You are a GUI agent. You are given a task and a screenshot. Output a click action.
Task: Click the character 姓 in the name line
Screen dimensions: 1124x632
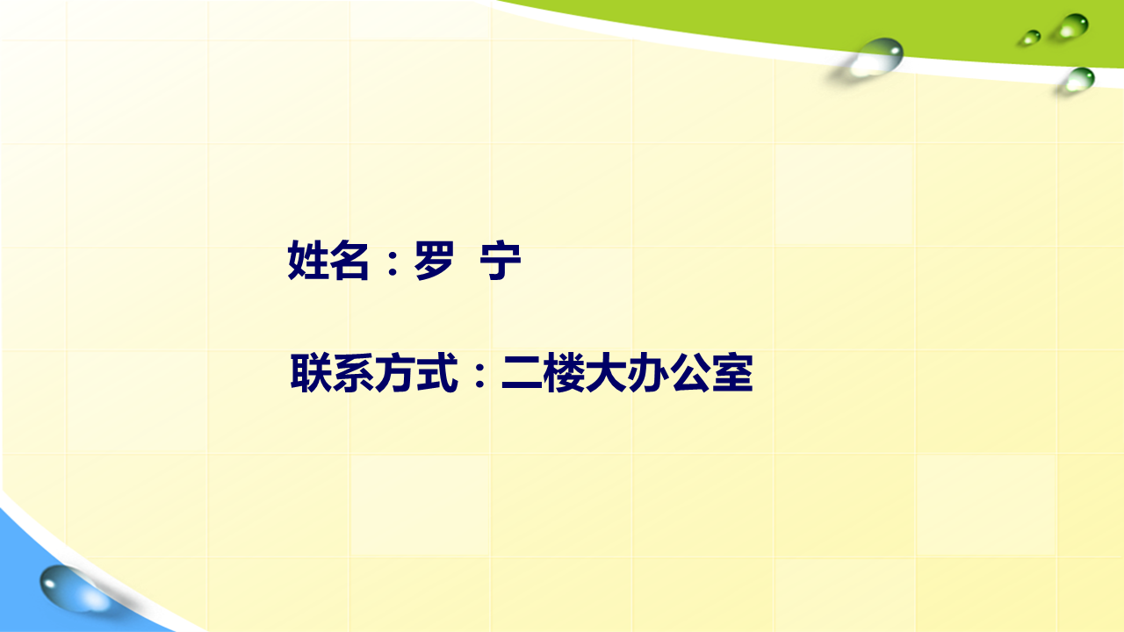tap(307, 260)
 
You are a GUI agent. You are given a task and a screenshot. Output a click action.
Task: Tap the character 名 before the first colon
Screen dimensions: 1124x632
tap(349, 260)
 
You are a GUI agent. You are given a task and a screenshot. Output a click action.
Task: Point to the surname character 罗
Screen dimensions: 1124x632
tap(434, 260)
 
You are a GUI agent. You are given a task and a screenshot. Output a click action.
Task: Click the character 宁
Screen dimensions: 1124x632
tap(501, 261)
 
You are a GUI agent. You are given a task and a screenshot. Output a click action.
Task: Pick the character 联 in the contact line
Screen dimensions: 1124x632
tap(311, 373)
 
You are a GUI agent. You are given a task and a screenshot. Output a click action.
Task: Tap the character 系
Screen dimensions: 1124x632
tap(353, 373)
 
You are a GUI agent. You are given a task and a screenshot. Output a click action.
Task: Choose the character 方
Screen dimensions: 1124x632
tap(395, 373)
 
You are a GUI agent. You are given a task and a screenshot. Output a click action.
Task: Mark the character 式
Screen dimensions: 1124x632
tap(437, 373)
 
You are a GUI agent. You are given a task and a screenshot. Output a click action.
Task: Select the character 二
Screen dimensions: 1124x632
tap(522, 374)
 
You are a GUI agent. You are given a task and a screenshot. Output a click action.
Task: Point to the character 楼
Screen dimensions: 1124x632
tap(564, 373)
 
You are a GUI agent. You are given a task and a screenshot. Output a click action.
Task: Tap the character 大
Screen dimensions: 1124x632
tap(606, 373)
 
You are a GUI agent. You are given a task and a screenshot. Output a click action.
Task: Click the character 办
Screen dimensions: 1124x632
tap(648, 373)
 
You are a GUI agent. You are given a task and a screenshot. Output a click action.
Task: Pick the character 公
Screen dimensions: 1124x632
tap(690, 373)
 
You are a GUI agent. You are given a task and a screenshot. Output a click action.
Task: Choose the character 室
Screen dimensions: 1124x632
tap(732, 373)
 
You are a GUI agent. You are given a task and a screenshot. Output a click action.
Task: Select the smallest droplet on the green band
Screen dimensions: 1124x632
tap(1031, 37)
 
